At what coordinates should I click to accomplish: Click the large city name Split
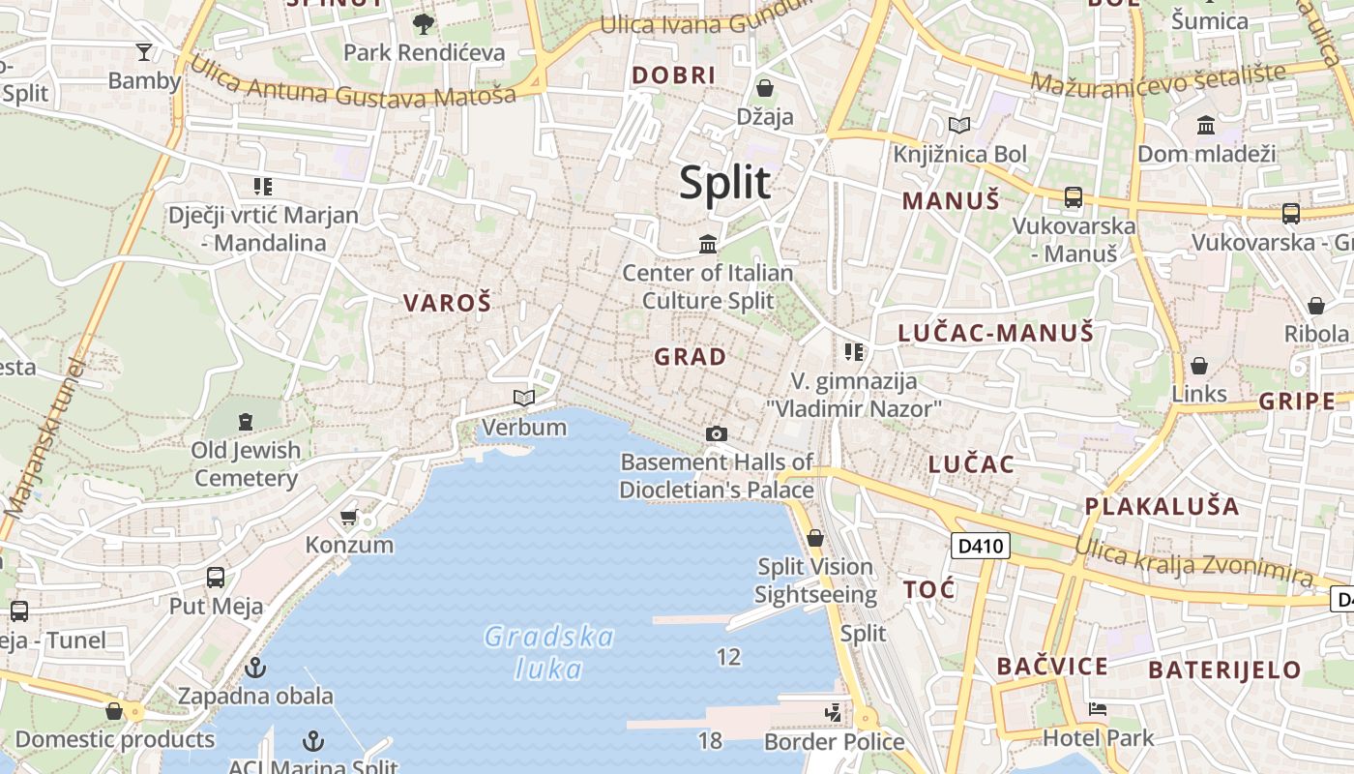[724, 182]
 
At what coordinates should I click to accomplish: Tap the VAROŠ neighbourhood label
[447, 303]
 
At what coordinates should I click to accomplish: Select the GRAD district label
[690, 357]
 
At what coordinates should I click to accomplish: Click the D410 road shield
[981, 546]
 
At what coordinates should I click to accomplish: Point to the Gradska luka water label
[548, 652]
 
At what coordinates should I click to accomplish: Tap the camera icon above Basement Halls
[716, 433]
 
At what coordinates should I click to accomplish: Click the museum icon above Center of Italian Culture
[708, 244]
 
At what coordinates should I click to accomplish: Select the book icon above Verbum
[523, 398]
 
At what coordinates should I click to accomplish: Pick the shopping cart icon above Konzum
[349, 517]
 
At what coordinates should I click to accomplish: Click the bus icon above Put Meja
[216, 578]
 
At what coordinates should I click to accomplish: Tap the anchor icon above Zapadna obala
[255, 667]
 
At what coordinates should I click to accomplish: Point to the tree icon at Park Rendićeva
[423, 23]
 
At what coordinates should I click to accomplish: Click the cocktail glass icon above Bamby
[144, 51]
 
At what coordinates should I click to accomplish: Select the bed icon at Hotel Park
[1098, 709]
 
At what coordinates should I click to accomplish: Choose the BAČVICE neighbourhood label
[1052, 666]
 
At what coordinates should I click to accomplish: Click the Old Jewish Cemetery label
[246, 463]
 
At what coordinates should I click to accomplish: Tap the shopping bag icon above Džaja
[765, 88]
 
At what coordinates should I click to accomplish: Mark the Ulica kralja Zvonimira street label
[1194, 560]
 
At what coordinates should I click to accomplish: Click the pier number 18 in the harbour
[710, 741]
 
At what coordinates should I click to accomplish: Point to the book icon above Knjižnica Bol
[959, 125]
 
